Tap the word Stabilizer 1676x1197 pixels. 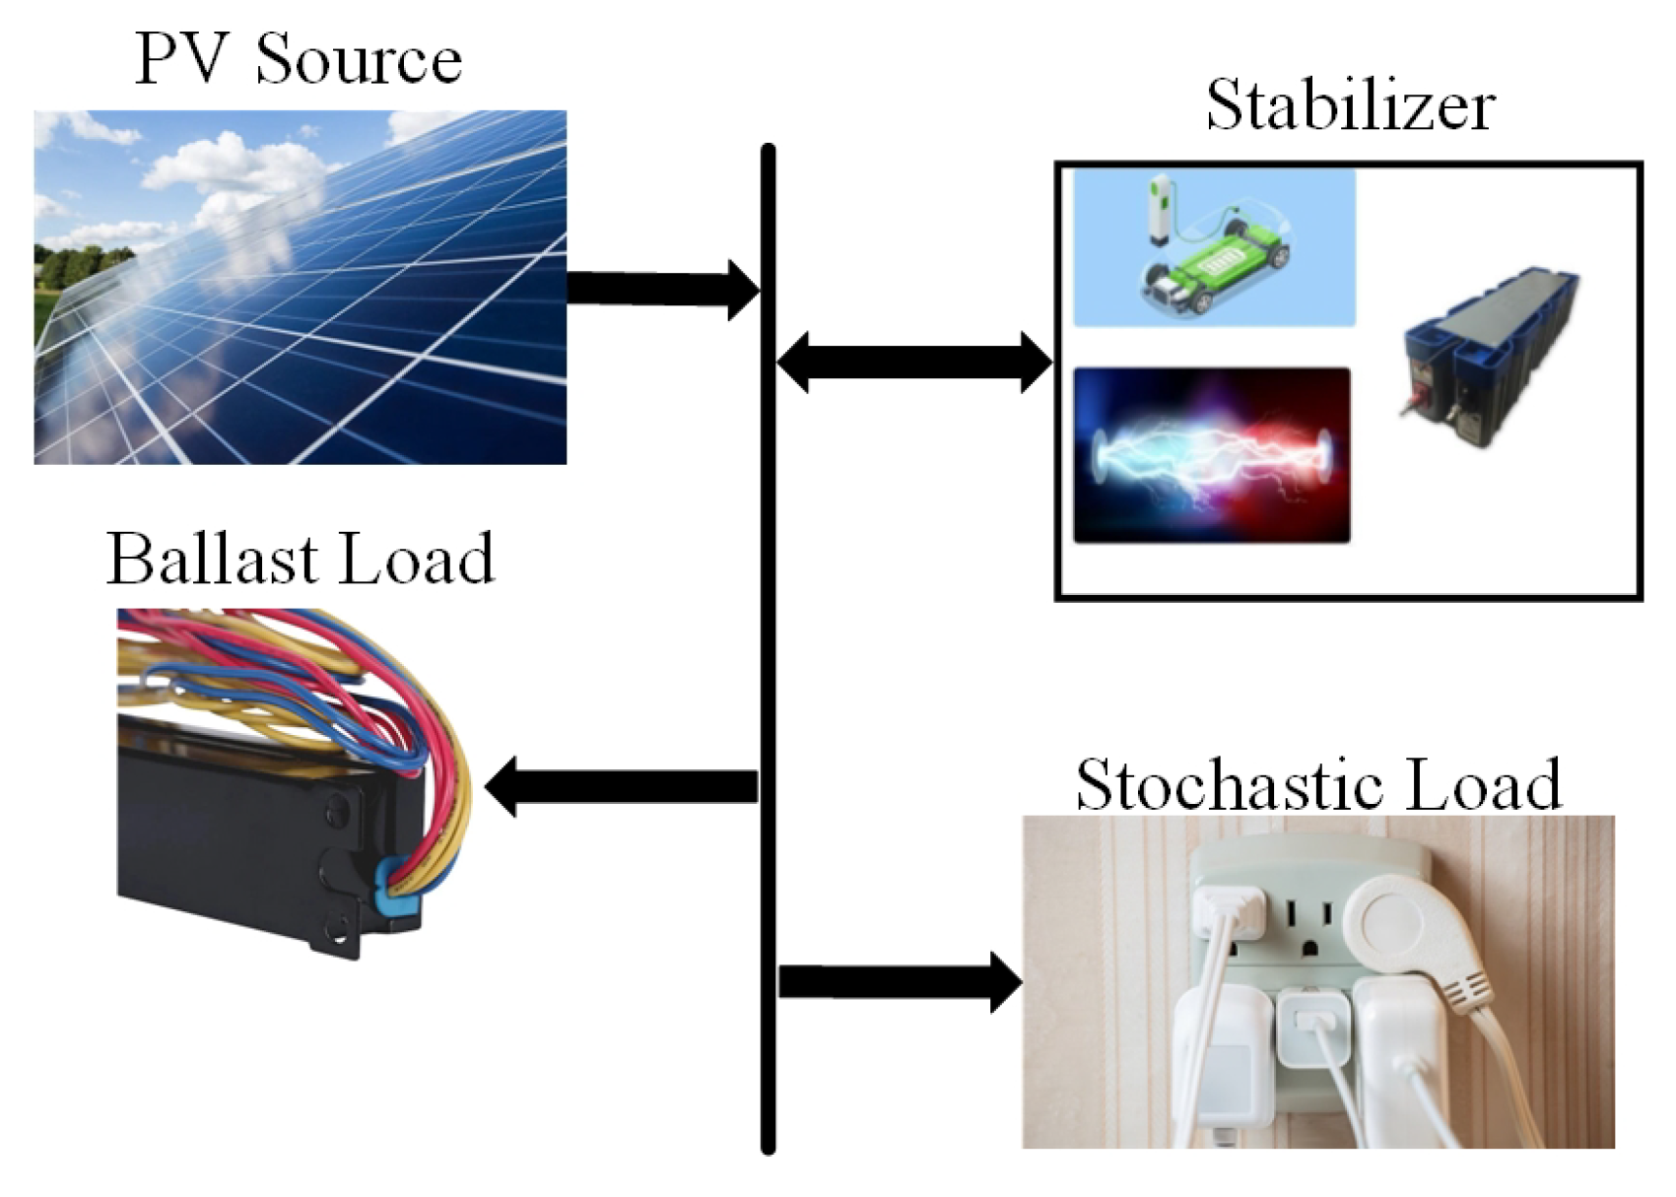point(1350,105)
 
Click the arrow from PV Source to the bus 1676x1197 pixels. point(660,289)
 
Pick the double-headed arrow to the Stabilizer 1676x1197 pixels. point(914,363)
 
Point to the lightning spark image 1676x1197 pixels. point(1212,455)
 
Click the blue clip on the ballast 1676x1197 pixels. point(399,888)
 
